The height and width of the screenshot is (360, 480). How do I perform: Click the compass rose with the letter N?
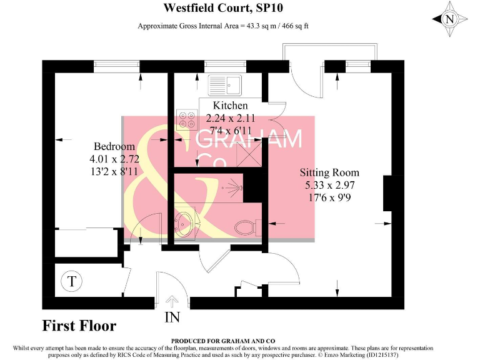[x=449, y=19]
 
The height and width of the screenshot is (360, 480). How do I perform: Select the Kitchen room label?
[x=230, y=106]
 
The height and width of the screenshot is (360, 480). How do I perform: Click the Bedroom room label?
[x=114, y=147]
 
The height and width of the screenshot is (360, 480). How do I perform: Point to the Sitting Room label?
[x=329, y=172]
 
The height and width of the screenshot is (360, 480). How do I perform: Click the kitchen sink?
[x=224, y=84]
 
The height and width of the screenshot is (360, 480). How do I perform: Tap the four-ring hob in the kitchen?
[x=187, y=119]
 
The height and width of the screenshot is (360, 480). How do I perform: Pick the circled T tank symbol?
[x=72, y=281]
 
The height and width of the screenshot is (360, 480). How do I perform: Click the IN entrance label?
[x=172, y=317]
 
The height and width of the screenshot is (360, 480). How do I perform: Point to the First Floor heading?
[x=79, y=326]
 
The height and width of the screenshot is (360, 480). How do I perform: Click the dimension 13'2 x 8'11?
[x=114, y=171]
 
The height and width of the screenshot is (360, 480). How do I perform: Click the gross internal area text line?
[x=223, y=26]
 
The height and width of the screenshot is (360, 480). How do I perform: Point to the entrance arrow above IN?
[x=172, y=299]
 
